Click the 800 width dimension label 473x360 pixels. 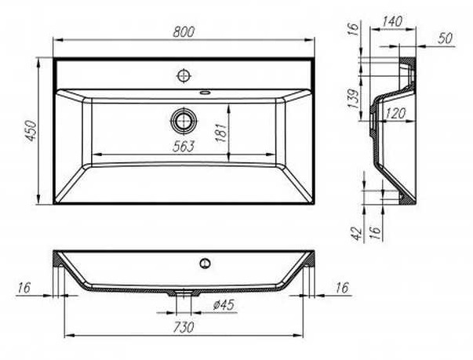[184, 32]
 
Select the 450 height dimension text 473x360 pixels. [31, 130]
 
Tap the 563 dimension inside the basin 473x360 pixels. [184, 146]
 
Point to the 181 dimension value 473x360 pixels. [222, 133]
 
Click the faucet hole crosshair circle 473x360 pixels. [184, 75]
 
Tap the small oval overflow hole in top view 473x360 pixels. [206, 92]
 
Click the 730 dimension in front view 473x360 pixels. [184, 327]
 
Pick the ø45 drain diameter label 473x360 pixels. [224, 305]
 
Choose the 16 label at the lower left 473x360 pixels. [24, 288]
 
